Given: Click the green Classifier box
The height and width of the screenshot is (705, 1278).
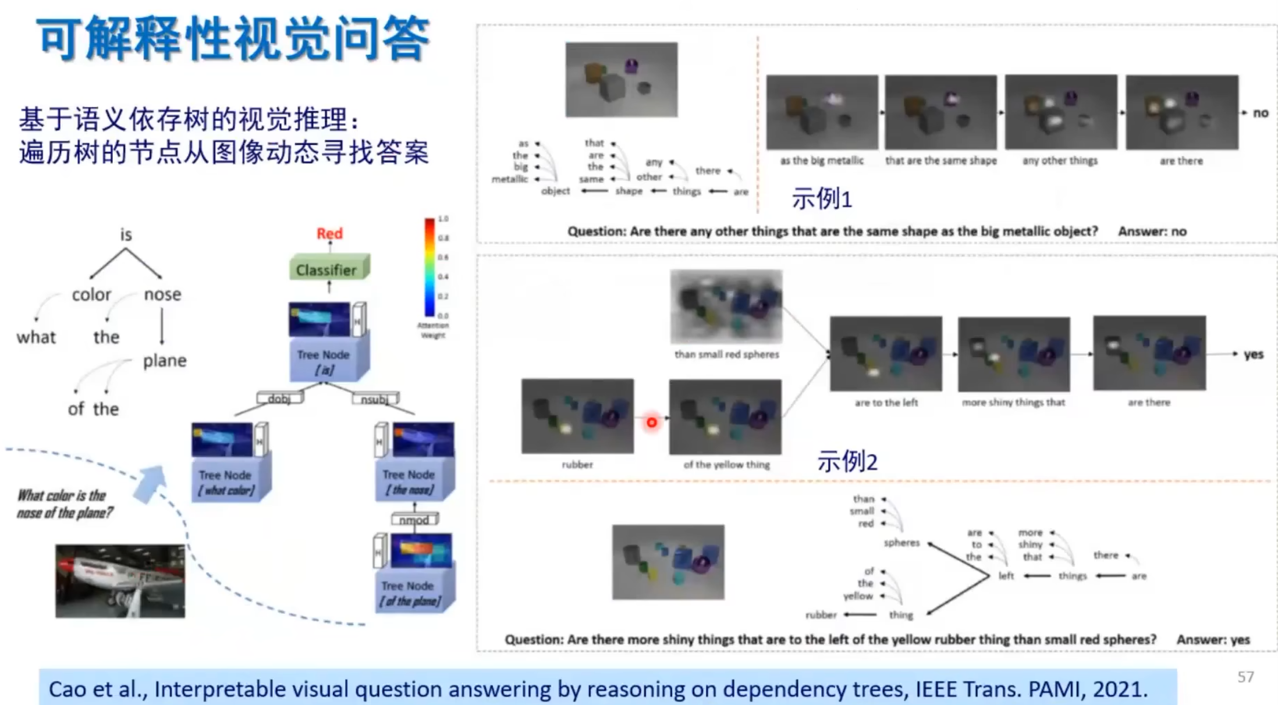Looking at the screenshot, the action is click(x=328, y=269).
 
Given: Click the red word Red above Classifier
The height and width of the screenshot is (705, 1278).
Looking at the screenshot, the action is click(x=329, y=234).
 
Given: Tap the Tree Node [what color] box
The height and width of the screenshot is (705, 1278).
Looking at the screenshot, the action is click(x=226, y=482).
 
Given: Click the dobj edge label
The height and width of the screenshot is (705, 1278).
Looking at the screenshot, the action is click(x=279, y=399).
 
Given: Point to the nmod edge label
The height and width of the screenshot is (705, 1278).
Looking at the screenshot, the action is click(x=414, y=519).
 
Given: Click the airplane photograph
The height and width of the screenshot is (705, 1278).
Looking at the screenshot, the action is click(x=120, y=581).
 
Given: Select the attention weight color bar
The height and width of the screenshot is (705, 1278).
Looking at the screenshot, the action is click(x=429, y=267).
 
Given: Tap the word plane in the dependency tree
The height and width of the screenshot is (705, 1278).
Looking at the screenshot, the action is click(x=165, y=361).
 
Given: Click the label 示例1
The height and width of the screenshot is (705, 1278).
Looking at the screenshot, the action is click(x=821, y=200).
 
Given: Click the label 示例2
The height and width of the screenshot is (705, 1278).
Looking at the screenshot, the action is click(x=847, y=462).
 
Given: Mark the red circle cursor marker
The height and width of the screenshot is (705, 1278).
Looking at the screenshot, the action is click(x=652, y=422).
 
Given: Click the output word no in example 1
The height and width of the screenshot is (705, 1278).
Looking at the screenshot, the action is click(x=1260, y=113).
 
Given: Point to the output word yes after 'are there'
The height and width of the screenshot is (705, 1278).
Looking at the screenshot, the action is click(x=1253, y=354).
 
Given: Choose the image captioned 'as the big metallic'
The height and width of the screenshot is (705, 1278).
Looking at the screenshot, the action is click(x=822, y=112).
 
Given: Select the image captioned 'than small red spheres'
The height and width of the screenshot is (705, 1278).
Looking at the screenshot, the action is click(x=726, y=307).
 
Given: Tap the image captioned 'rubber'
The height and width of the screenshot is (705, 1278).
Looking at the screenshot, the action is click(x=577, y=416).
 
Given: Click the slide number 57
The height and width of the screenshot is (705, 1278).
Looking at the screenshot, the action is click(x=1245, y=677).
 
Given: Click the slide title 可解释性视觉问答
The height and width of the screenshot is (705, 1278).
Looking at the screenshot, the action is click(x=233, y=40).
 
